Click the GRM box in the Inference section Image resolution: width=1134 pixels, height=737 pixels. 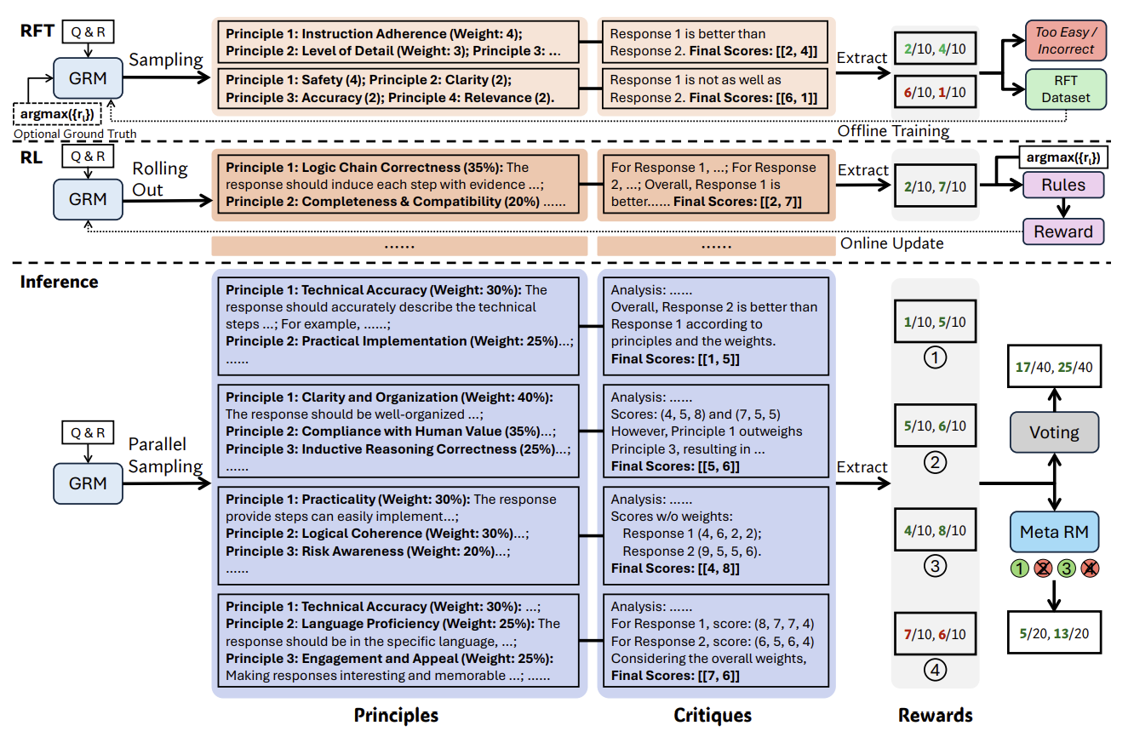(x=89, y=483)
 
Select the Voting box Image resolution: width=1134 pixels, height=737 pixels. (x=1054, y=432)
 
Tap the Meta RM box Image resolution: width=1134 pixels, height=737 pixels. (x=1054, y=533)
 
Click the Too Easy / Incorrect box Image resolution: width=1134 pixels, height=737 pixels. (x=1065, y=41)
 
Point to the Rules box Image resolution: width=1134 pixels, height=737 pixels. (x=1063, y=184)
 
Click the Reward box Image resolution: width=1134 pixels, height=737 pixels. (x=1063, y=231)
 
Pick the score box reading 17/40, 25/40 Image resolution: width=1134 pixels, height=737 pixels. (x=1054, y=367)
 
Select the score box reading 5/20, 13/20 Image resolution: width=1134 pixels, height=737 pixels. (x=1054, y=633)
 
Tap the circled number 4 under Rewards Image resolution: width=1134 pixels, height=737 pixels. (x=935, y=671)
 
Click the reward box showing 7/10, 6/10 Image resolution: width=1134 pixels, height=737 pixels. (x=935, y=634)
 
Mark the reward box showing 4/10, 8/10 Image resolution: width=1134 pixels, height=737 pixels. (x=935, y=530)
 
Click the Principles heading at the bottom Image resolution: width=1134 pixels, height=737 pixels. (x=396, y=716)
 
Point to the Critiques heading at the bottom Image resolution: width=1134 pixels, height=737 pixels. (x=713, y=716)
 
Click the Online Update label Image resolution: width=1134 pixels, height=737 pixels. (x=892, y=243)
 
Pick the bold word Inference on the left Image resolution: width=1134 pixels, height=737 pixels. (x=60, y=282)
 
